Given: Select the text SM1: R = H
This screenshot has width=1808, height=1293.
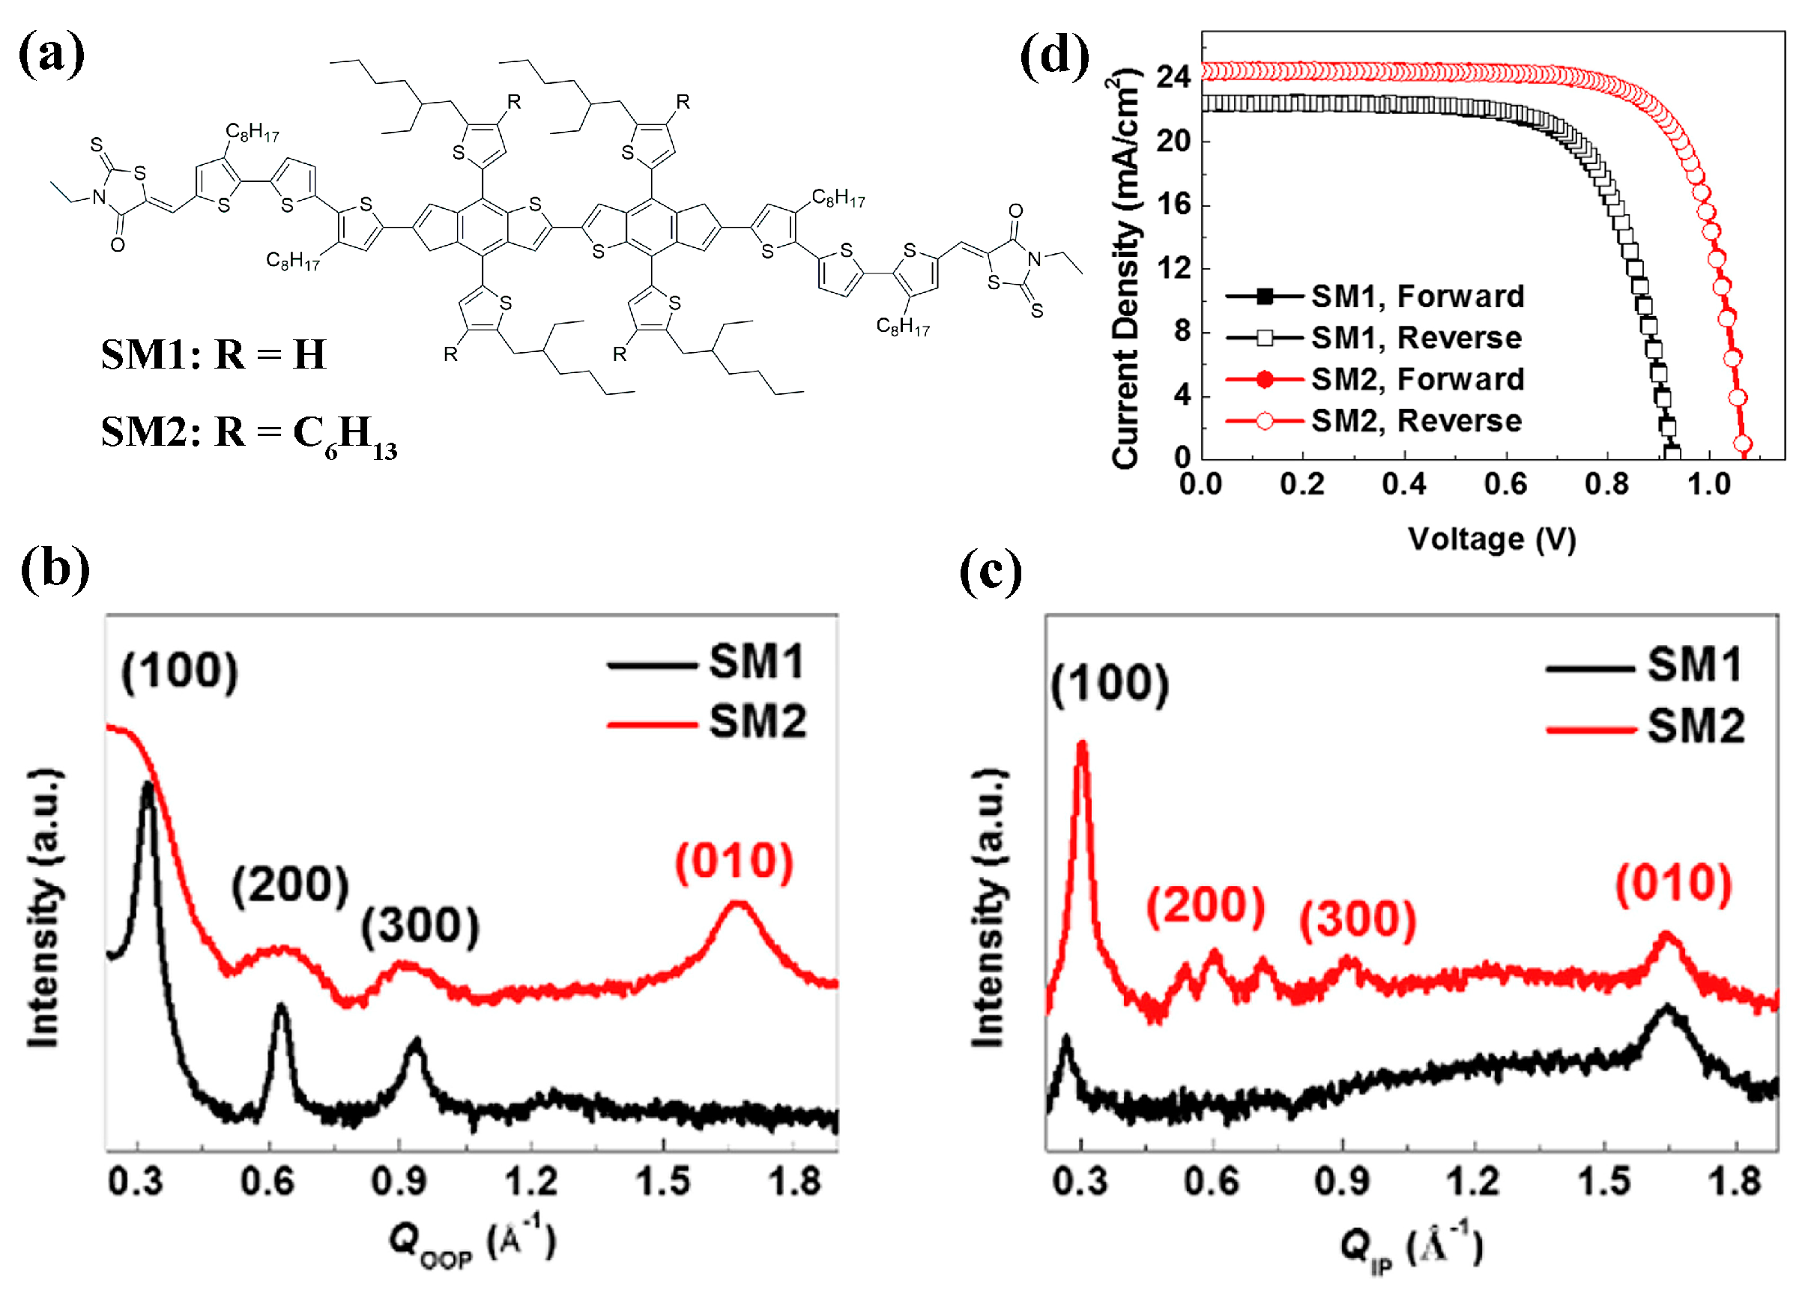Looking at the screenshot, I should [x=214, y=354].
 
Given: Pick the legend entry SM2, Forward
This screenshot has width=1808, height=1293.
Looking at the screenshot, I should [x=1416, y=379].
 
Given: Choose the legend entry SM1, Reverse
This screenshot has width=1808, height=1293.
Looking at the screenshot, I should [x=1415, y=338].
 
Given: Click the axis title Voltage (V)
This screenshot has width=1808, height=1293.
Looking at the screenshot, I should [x=1491, y=539].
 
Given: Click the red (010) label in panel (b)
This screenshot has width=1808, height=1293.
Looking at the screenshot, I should [x=734, y=862].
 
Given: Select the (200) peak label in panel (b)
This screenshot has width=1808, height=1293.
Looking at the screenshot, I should [x=290, y=885].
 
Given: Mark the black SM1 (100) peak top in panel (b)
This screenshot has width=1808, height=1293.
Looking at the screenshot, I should [x=148, y=785].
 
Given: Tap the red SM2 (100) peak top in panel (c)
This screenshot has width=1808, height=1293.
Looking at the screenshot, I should [x=1081, y=744].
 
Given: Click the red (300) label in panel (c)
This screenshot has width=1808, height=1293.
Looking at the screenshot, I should [x=1358, y=920].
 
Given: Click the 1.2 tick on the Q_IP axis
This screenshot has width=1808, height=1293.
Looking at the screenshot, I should [x=1473, y=1181].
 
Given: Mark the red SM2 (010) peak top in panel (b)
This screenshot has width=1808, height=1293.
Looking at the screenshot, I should [x=739, y=903].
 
